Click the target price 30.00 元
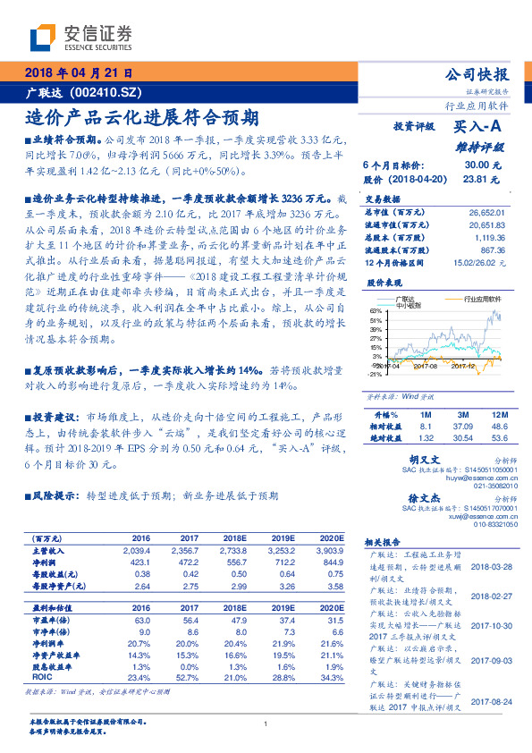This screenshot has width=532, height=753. pos(477,165)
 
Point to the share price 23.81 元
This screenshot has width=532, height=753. pos(477,179)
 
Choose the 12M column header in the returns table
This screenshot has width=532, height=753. pos(497,416)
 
